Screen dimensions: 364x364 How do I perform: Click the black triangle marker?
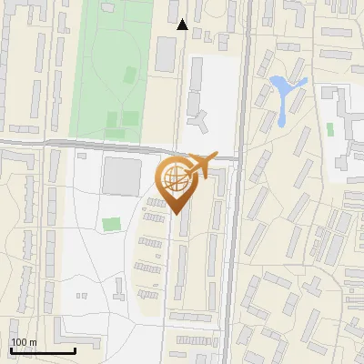click(182, 25)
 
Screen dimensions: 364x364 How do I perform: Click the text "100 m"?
click(24, 342)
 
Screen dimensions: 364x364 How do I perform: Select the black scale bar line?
click(42, 350)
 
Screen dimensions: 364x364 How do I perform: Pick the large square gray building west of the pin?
click(120, 176)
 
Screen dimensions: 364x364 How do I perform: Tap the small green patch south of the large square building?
click(111, 224)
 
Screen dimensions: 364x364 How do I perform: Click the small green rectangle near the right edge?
click(329, 129)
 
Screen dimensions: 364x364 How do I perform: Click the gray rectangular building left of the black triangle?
click(165, 54)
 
